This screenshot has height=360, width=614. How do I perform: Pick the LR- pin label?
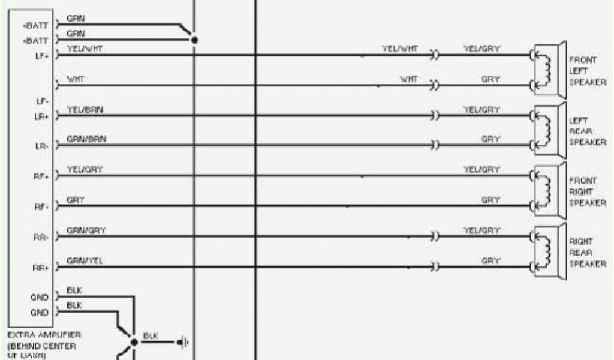(x=41, y=146)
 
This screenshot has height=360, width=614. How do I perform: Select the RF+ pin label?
(x=41, y=176)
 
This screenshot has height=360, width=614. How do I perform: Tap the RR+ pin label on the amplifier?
(x=41, y=268)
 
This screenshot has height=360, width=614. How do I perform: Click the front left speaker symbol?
(x=548, y=70)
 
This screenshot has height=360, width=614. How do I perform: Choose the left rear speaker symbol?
(x=548, y=130)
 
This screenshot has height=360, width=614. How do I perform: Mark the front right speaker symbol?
(x=548, y=191)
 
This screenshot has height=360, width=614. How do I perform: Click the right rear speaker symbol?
(x=548, y=251)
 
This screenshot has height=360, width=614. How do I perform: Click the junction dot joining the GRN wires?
(x=193, y=40)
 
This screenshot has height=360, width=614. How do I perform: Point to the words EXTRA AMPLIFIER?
(x=45, y=334)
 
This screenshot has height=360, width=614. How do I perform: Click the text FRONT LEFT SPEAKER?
(x=586, y=71)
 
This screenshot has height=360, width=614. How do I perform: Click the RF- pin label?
(x=41, y=206)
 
